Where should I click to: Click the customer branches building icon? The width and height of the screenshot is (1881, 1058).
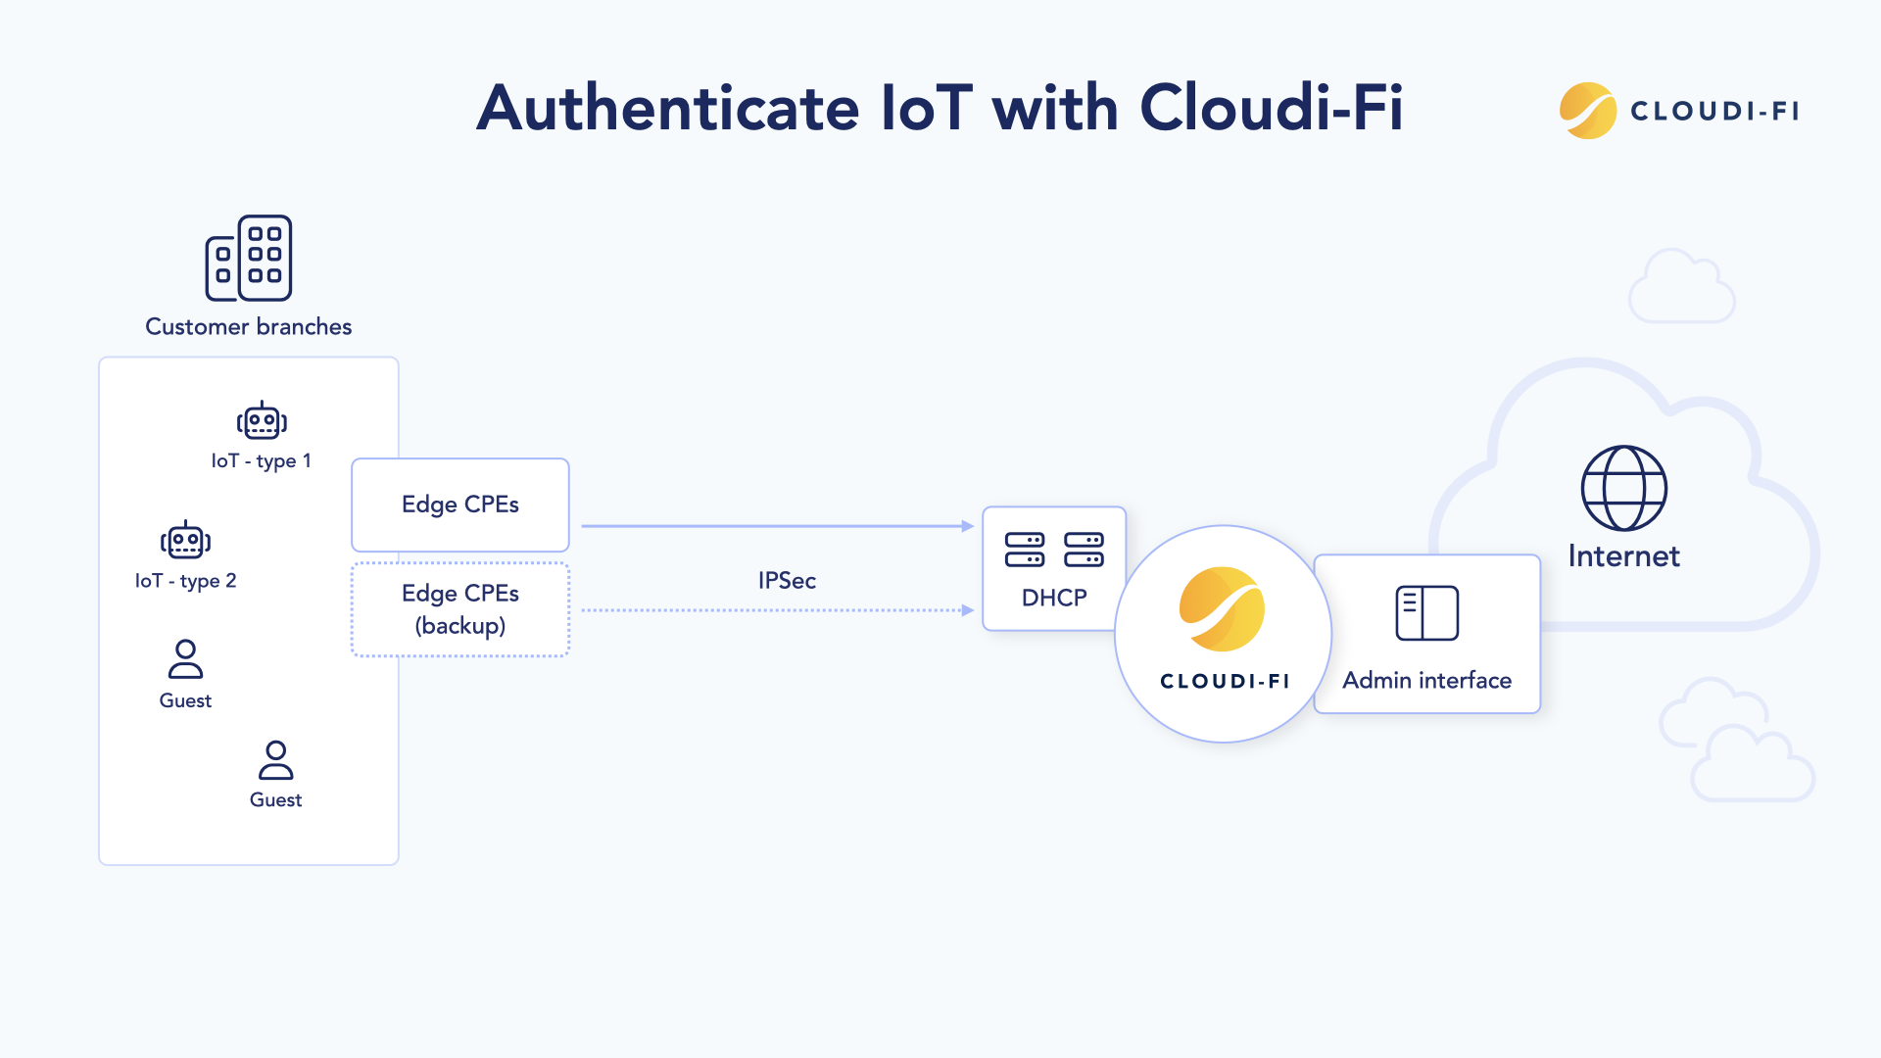(x=249, y=258)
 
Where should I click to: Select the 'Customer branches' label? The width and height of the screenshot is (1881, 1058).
(x=249, y=326)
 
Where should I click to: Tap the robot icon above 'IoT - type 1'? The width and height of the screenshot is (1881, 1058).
(x=262, y=421)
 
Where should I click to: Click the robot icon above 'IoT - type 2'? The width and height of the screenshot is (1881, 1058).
(x=185, y=541)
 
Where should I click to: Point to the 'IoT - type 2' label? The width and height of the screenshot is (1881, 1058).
(x=186, y=581)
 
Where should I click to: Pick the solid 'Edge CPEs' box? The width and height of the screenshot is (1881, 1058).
(x=460, y=505)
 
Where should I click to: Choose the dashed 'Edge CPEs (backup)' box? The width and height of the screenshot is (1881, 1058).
(x=460, y=609)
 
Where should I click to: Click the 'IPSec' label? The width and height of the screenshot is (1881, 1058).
(x=787, y=581)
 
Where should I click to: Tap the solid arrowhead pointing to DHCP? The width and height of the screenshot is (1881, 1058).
(x=967, y=526)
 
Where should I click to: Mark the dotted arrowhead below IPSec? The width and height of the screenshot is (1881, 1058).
(x=967, y=610)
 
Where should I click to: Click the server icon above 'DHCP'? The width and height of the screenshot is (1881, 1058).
(x=1054, y=550)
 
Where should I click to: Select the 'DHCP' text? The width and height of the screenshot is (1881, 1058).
(x=1054, y=598)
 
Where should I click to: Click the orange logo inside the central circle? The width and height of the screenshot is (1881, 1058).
(x=1222, y=609)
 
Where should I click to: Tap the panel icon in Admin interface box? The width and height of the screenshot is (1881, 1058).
(x=1426, y=613)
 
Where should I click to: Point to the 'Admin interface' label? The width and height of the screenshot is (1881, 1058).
(x=1426, y=680)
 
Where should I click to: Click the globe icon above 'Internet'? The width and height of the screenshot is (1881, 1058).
(x=1623, y=488)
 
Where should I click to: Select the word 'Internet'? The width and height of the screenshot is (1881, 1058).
(x=1623, y=556)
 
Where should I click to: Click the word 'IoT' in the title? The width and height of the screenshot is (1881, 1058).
(x=926, y=108)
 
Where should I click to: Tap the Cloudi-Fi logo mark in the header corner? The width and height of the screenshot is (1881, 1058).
(x=1587, y=111)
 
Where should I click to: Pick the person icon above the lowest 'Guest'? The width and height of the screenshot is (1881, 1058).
(x=275, y=760)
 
